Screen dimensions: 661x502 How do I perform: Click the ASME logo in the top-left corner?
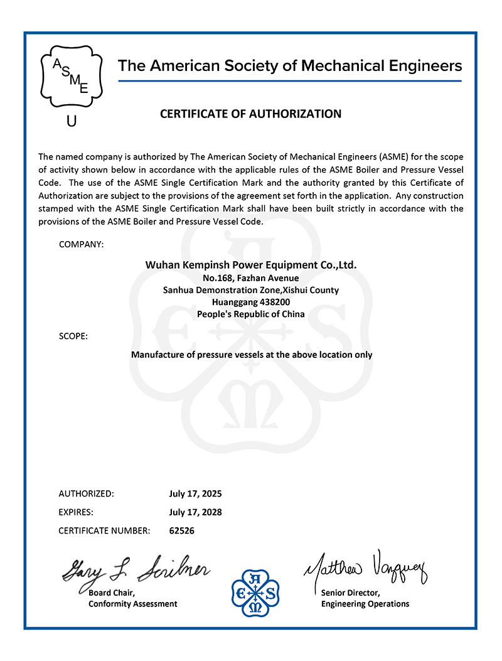(71, 76)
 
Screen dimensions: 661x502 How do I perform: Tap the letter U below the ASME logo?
(72, 121)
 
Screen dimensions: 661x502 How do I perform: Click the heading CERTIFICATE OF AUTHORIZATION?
(251, 114)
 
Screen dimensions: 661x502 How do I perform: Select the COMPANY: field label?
(81, 244)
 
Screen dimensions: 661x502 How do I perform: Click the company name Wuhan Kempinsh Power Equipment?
(251, 266)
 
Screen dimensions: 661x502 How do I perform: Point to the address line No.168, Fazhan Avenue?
(251, 278)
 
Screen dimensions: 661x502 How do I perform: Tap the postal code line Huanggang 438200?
(251, 302)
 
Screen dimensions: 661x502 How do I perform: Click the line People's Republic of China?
(251, 314)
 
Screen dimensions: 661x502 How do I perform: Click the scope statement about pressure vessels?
(251, 355)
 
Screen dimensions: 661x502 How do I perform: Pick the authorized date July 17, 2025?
(195, 493)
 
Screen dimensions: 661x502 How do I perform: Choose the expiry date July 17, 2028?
(195, 512)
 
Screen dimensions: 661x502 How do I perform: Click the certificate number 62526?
(182, 531)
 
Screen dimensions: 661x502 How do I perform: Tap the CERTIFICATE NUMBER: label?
(104, 531)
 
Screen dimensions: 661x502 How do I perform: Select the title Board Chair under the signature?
(111, 593)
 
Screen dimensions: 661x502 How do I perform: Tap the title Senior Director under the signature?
(350, 593)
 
